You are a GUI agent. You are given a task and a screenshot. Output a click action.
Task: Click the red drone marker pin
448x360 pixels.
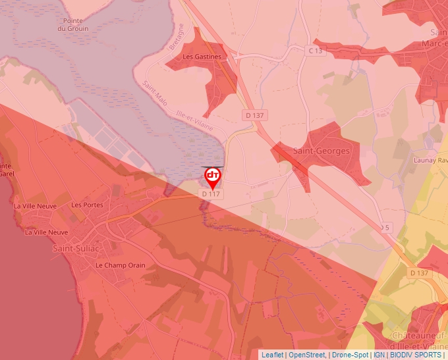coord(213,176)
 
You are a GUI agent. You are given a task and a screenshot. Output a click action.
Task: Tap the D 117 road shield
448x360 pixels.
coord(211,194)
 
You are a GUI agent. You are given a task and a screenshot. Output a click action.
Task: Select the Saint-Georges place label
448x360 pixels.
coord(322,151)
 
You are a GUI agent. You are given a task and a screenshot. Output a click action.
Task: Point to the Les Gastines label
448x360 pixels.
coord(202,57)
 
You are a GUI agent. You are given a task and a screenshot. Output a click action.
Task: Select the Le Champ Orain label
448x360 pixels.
coord(120,265)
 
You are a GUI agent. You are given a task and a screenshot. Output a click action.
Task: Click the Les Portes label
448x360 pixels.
coord(87,205)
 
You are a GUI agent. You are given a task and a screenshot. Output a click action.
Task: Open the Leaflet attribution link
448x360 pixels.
coord(272,355)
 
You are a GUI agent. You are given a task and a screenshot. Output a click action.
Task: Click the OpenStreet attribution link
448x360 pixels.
coord(307,355)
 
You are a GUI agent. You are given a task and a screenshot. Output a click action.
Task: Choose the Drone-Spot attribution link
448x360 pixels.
coord(350,355)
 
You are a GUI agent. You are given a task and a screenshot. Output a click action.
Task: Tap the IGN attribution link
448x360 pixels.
coord(379,355)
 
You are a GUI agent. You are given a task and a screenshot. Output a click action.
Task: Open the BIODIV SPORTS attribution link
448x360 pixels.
coord(416,355)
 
